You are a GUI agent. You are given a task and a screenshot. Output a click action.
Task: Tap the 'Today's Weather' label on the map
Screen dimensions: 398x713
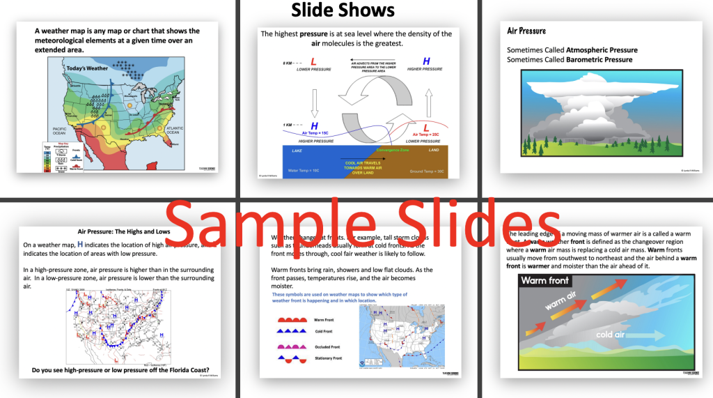tap(87, 68)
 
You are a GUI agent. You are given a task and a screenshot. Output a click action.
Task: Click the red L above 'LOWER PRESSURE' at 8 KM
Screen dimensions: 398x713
tap(313, 62)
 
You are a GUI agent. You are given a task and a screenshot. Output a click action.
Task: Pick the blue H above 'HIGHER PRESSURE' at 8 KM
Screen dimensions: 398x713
tap(426, 61)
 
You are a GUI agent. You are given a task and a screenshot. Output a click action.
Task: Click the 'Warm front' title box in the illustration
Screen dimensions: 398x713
tap(546, 280)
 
